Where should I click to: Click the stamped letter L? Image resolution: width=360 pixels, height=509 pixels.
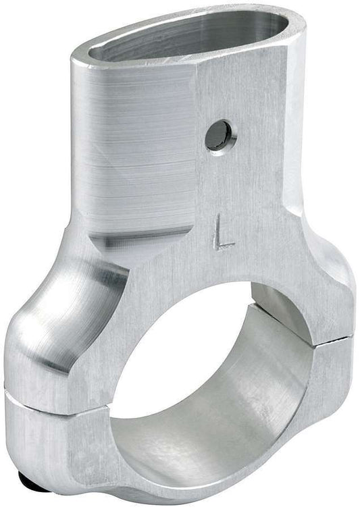coord(223,235)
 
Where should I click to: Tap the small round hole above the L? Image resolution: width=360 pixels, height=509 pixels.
coord(220,134)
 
